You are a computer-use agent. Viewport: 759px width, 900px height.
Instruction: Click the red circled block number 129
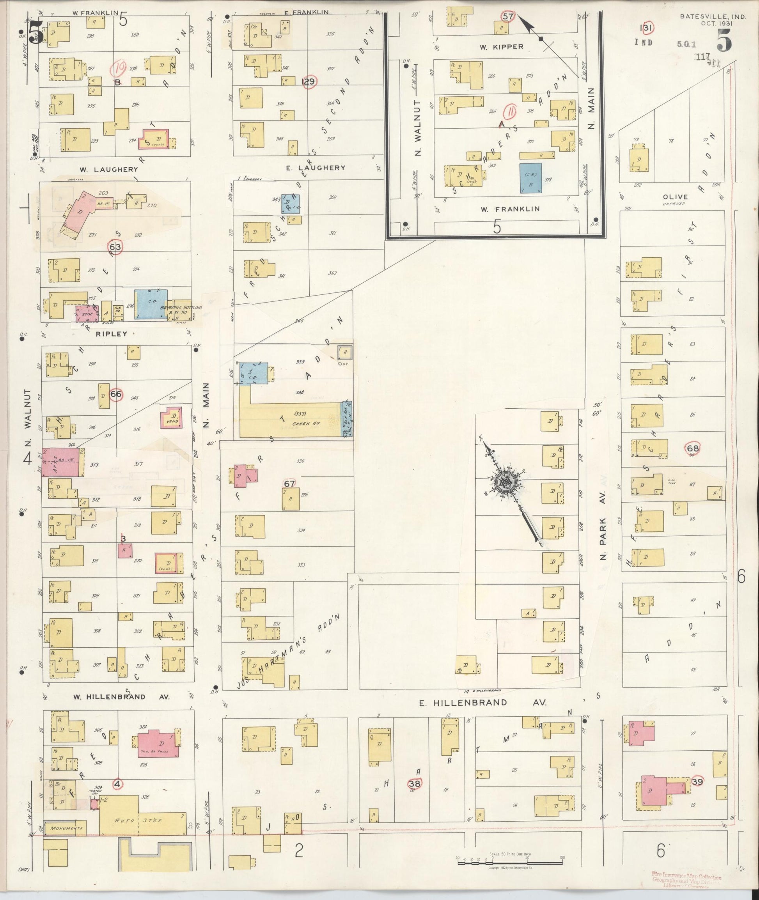(309, 82)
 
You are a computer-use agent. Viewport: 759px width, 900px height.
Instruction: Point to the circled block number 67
(289, 484)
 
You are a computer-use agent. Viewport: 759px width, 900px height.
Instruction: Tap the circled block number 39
(697, 781)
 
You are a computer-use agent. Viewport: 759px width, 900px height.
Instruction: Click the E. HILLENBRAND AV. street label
(483, 703)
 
